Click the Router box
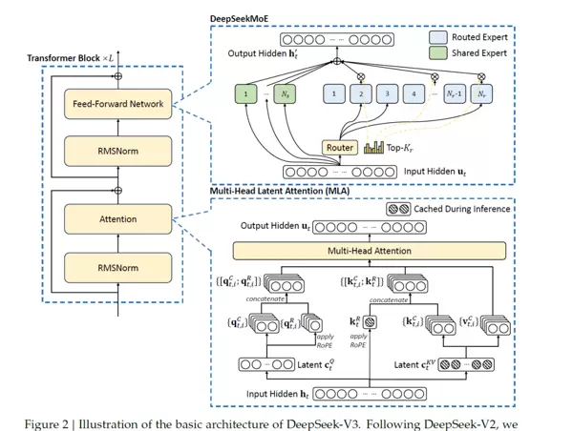tap(339, 148)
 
